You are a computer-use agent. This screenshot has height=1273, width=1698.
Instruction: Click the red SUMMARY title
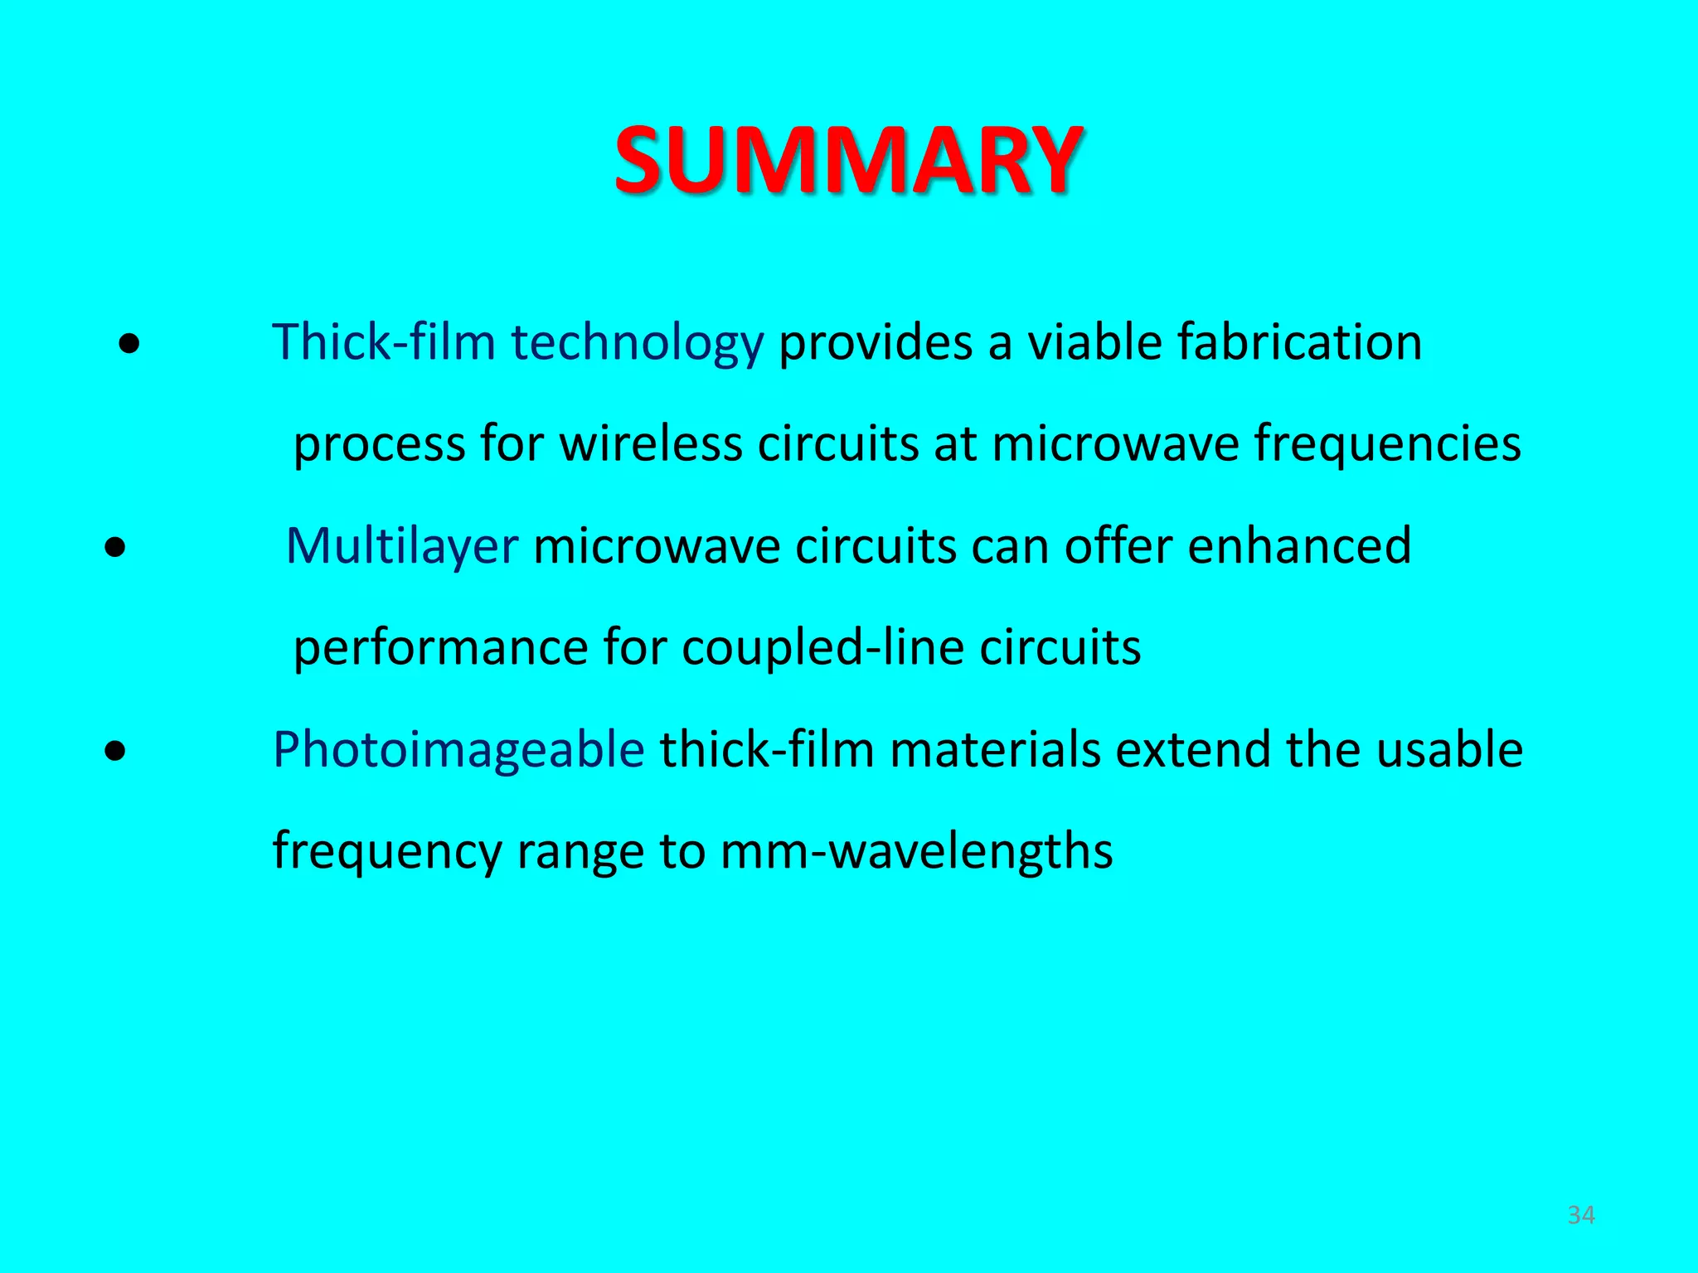(x=847, y=159)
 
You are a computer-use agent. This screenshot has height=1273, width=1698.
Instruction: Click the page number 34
(x=1581, y=1215)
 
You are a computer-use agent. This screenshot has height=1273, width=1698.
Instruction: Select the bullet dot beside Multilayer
(x=117, y=547)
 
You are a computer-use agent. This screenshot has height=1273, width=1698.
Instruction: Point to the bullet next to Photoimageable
(x=117, y=751)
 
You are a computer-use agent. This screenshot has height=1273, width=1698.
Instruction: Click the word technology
(x=637, y=343)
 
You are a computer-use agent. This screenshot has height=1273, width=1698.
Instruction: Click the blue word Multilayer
(x=402, y=547)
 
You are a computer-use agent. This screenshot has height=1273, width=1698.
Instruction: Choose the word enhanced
(x=1299, y=547)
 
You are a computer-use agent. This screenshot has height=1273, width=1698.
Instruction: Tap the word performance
(x=440, y=649)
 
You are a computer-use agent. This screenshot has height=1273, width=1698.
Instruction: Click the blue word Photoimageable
(x=458, y=751)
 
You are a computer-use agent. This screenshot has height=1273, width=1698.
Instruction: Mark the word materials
(x=994, y=749)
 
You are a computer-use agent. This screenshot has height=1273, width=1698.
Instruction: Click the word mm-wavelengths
(x=916, y=852)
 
